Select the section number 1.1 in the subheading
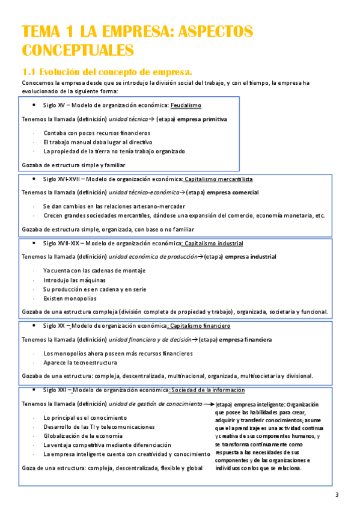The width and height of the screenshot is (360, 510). (31, 72)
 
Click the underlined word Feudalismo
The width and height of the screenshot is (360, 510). (186, 105)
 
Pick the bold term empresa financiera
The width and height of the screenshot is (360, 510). (246, 340)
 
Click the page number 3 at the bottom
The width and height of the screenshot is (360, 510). (337, 495)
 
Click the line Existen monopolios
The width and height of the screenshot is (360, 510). (70, 298)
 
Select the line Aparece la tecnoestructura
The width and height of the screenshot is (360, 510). (81, 363)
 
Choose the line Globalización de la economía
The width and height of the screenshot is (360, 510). (83, 435)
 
